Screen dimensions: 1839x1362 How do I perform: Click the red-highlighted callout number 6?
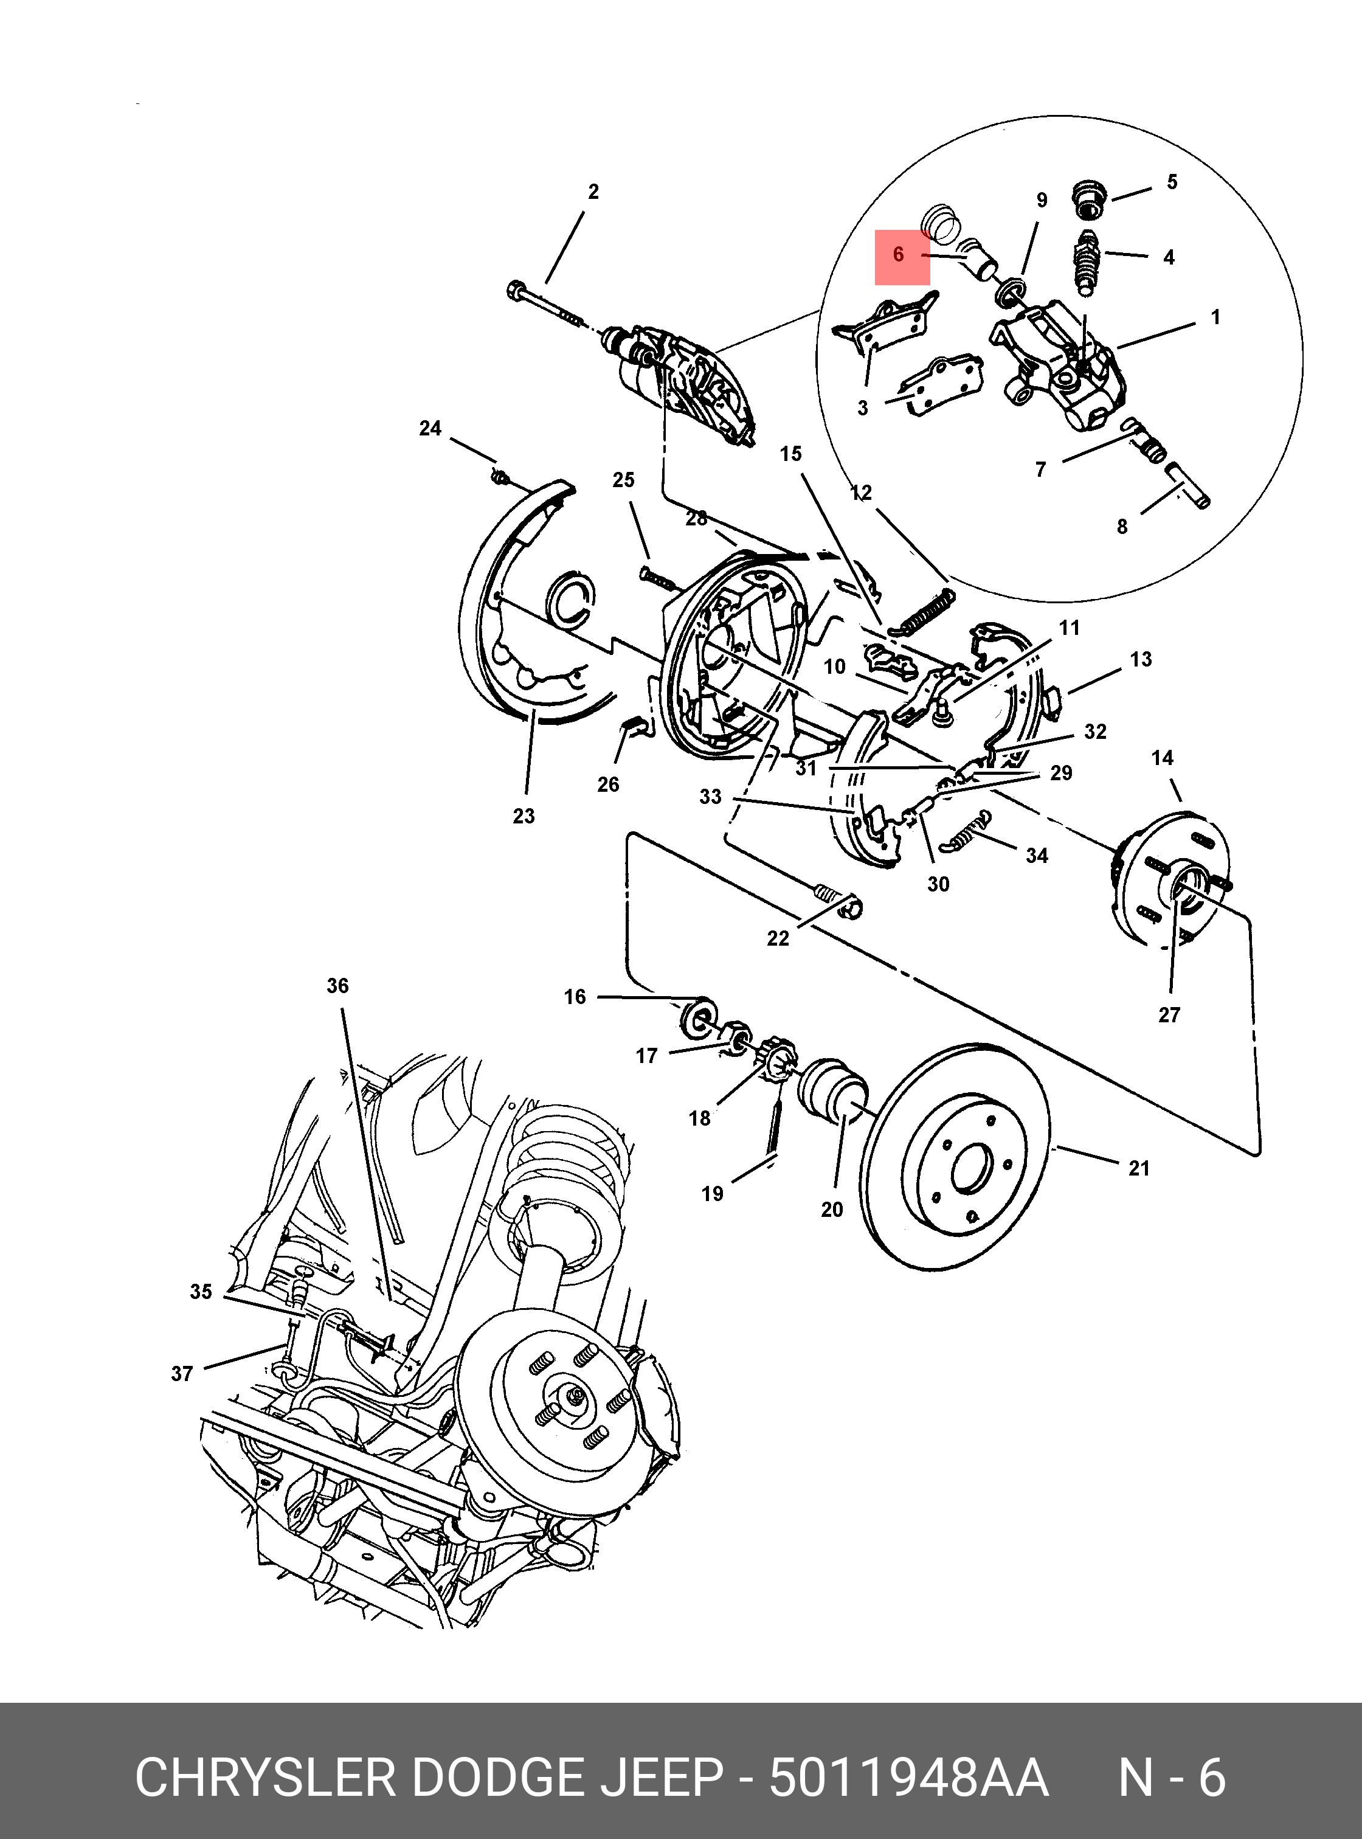[899, 255]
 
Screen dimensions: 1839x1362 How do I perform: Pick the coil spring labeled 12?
[925, 612]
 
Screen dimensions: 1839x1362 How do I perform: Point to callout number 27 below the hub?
[1169, 1015]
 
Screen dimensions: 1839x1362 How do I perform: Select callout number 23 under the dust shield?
[524, 816]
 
